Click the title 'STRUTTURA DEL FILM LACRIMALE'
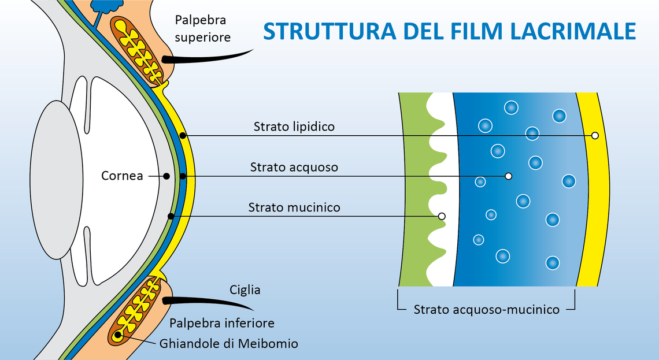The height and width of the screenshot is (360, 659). pyautogui.click(x=450, y=32)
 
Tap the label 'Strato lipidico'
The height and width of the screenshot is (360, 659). pyautogui.click(x=294, y=127)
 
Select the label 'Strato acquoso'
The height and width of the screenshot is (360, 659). pyautogui.click(x=294, y=168)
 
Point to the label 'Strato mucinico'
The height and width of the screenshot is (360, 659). pyautogui.click(x=294, y=207)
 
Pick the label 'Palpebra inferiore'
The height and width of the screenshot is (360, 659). pyautogui.click(x=221, y=322)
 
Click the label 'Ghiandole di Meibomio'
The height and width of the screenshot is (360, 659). pyautogui.click(x=228, y=344)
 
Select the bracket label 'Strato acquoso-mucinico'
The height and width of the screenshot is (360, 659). pyautogui.click(x=486, y=310)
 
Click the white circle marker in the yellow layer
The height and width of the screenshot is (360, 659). pyautogui.click(x=595, y=135)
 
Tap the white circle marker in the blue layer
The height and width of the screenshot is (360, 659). pyautogui.click(x=509, y=176)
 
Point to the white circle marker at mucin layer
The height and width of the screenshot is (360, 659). pyautogui.click(x=442, y=216)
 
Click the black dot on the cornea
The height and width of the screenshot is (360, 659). pyautogui.click(x=166, y=176)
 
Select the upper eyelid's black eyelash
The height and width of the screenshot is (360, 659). pyautogui.click(x=208, y=57)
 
